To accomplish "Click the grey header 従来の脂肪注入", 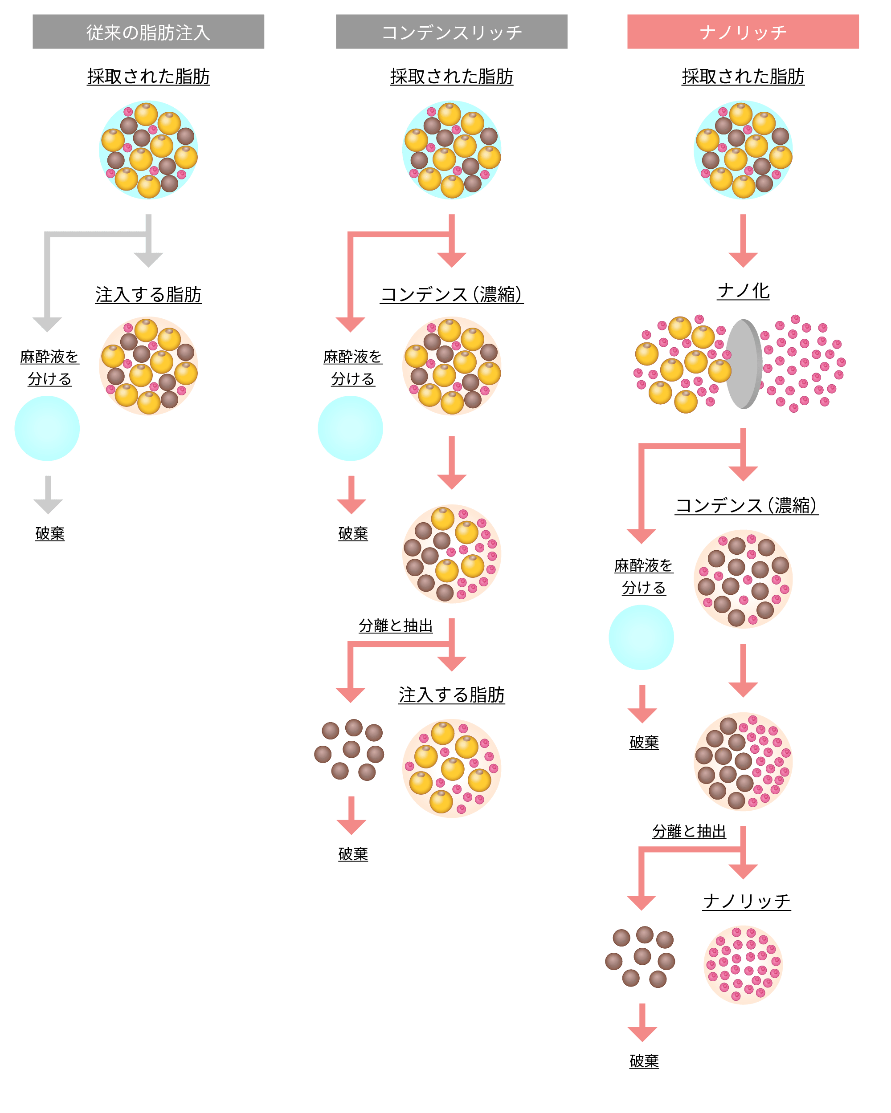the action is tap(148, 32).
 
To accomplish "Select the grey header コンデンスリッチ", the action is tap(451, 32).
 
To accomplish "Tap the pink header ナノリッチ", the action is tap(743, 32).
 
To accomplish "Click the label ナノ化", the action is tap(743, 291).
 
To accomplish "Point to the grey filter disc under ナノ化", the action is tap(744, 364).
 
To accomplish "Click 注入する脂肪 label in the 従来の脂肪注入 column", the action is tap(148, 295).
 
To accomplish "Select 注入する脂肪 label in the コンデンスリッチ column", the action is tap(451, 695).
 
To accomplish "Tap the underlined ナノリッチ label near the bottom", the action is tap(746, 902).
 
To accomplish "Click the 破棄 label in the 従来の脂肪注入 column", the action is tap(50, 533).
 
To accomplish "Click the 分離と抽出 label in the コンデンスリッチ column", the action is tap(396, 626).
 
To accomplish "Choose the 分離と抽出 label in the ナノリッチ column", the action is tap(689, 831).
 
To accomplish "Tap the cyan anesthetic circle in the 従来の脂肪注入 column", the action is tap(47, 428).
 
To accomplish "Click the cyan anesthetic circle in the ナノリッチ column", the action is tap(641, 638).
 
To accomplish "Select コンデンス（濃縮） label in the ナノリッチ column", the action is tap(746, 505).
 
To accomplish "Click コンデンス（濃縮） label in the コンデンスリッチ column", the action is tap(451, 295).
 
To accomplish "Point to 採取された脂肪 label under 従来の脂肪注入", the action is tap(148, 77).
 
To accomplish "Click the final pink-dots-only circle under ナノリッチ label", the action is tap(743, 965).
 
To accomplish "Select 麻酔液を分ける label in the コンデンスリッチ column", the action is tap(353, 368).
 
